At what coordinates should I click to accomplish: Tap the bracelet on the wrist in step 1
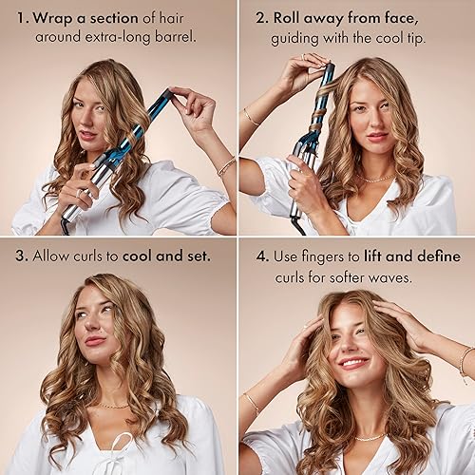pyautogui.click(x=226, y=167)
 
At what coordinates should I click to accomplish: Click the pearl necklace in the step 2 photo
pyautogui.click(x=378, y=179)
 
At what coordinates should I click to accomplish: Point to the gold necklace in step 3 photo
pyautogui.click(x=112, y=406)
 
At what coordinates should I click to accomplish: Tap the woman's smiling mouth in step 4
pyautogui.click(x=353, y=362)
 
